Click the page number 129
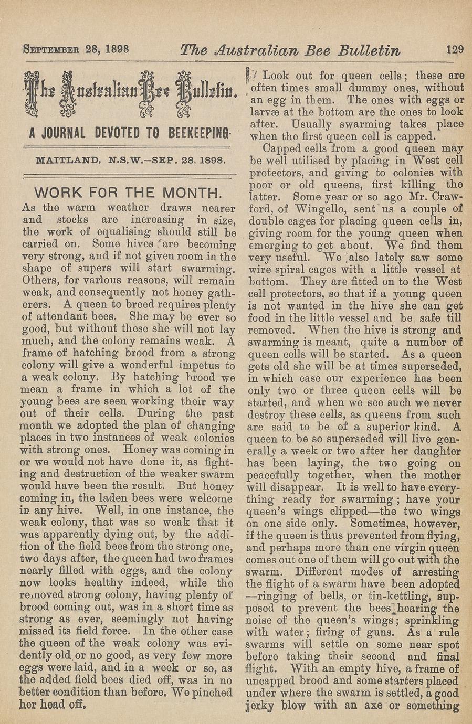tap(455, 50)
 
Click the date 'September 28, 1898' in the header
tap(76, 51)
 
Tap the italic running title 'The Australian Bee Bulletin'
tap(290, 51)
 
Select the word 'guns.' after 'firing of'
tap(391, 633)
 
